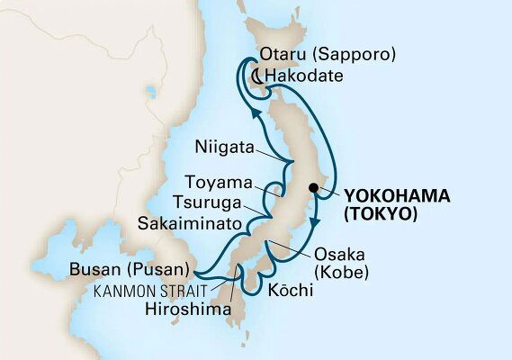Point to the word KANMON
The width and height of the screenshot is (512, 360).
tap(133, 290)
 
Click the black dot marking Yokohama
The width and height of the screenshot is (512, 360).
tap(312, 189)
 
